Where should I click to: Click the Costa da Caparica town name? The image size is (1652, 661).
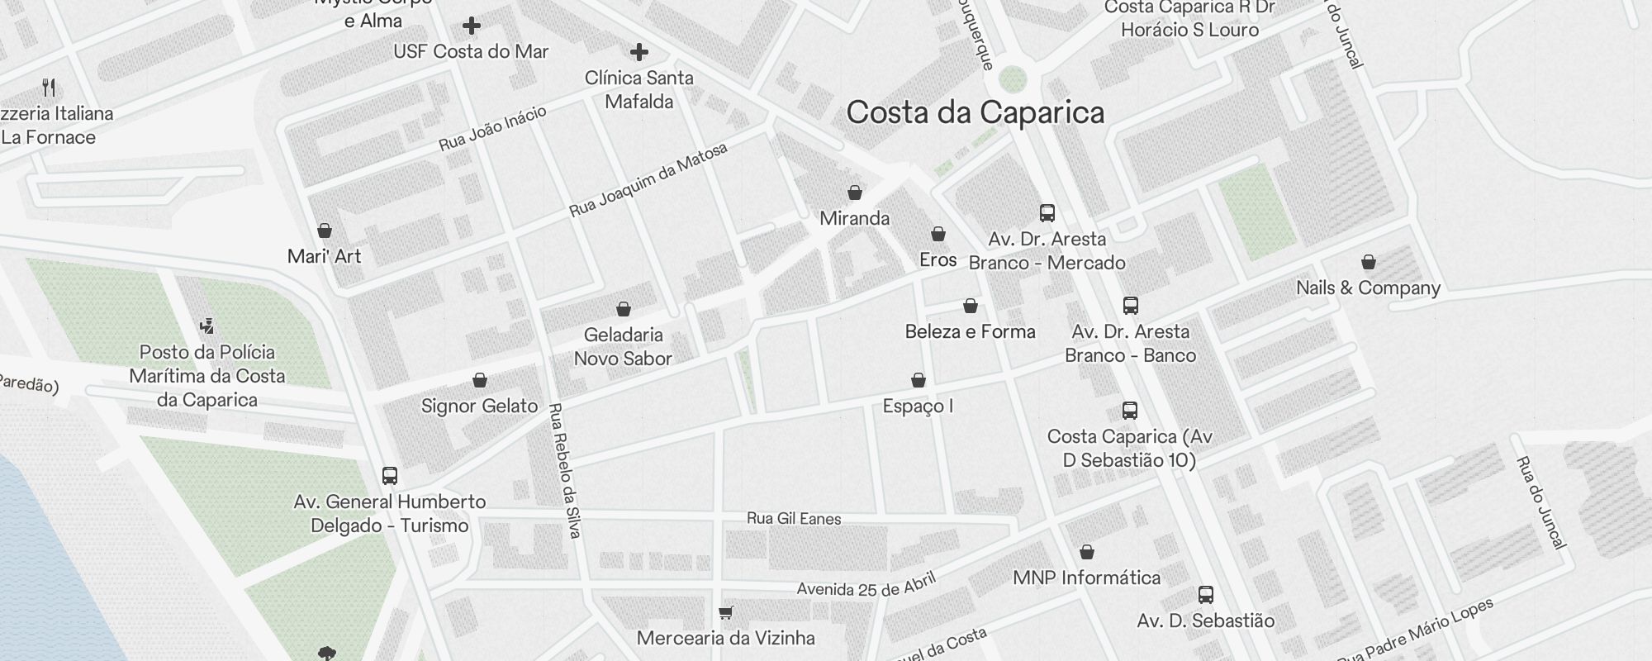pyautogui.click(x=975, y=112)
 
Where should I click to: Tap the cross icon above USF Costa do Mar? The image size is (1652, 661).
pyautogui.click(x=472, y=26)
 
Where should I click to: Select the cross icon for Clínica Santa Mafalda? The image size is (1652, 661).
pyautogui.click(x=638, y=53)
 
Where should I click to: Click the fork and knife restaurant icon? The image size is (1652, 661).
pyautogui.click(x=50, y=88)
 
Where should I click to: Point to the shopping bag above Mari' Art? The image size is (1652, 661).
pyautogui.click(x=325, y=231)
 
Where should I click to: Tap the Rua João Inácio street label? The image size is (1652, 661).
pyautogui.click(x=492, y=129)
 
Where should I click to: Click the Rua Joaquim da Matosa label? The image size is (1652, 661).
pyautogui.click(x=648, y=180)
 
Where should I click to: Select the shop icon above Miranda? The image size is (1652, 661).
pyautogui.click(x=855, y=193)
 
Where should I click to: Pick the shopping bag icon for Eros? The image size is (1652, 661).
pyautogui.click(x=938, y=234)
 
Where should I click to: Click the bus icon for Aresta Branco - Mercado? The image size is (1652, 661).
pyautogui.click(x=1047, y=213)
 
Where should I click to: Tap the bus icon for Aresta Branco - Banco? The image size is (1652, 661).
pyautogui.click(x=1131, y=306)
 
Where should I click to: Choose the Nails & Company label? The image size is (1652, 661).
pyautogui.click(x=1368, y=288)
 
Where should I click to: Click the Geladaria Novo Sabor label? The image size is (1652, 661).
pyautogui.click(x=623, y=346)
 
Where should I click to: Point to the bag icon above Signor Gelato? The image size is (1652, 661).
pyautogui.click(x=480, y=380)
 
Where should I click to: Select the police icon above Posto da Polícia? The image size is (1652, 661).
pyautogui.click(x=207, y=326)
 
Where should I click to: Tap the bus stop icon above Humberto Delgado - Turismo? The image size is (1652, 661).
pyautogui.click(x=390, y=476)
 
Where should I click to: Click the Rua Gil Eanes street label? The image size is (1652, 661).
pyautogui.click(x=794, y=519)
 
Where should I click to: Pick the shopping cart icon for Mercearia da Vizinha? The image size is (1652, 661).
pyautogui.click(x=725, y=612)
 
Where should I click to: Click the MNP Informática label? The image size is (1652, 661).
pyautogui.click(x=1086, y=578)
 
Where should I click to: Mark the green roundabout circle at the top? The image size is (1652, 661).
pyautogui.click(x=1012, y=80)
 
